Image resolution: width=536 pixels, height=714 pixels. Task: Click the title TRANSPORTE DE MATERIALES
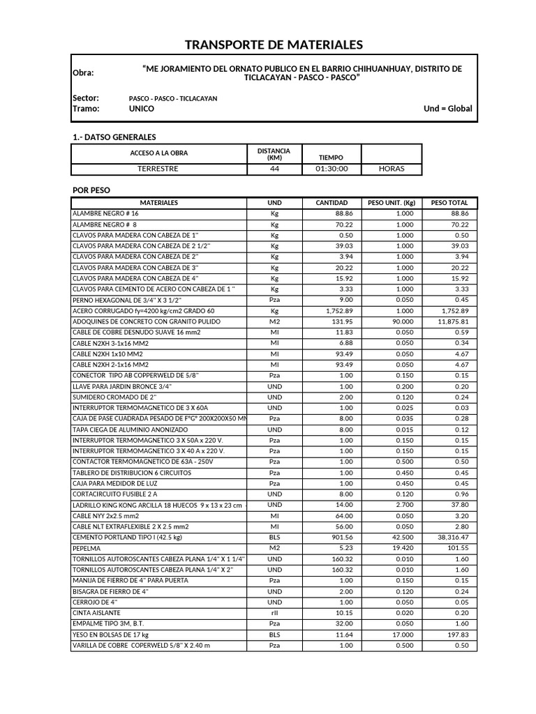click(x=274, y=45)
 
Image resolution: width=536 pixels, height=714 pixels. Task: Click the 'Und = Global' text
click(x=447, y=109)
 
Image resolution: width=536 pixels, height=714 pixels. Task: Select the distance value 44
click(x=274, y=169)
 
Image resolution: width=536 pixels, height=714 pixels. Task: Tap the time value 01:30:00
click(x=332, y=169)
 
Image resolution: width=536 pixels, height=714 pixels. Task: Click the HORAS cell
click(x=391, y=169)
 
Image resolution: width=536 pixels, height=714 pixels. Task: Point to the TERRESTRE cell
click(x=158, y=169)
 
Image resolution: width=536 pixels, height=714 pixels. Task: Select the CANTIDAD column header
click(x=332, y=203)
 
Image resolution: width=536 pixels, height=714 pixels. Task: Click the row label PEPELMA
click(x=87, y=548)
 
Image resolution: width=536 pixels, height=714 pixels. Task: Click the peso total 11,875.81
click(x=452, y=321)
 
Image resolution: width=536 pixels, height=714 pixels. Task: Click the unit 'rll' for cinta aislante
click(x=274, y=613)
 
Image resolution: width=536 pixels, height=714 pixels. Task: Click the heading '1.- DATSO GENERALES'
click(x=114, y=137)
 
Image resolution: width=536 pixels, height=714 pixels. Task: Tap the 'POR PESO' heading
click(x=91, y=190)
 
